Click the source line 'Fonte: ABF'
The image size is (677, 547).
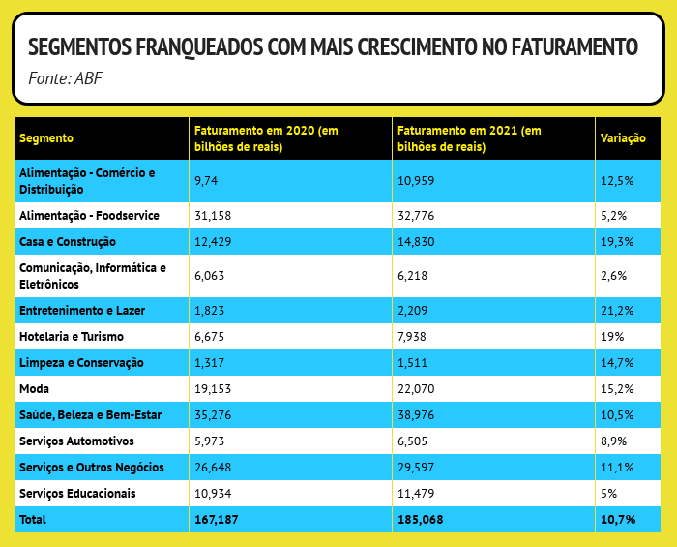65,76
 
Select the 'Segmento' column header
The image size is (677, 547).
46,138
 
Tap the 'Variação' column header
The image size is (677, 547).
623,138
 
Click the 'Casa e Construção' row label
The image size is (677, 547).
68,241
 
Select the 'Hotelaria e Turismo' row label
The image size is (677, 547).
72,336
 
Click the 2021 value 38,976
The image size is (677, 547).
417,414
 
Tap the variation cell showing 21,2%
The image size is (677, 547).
617,310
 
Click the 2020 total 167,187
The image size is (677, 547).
217,520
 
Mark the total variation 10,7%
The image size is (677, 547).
618,520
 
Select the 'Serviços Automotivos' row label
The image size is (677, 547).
75,441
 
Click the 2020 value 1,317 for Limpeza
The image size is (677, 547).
210,362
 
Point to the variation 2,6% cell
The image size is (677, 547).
614,276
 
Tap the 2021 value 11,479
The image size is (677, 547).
417,494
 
